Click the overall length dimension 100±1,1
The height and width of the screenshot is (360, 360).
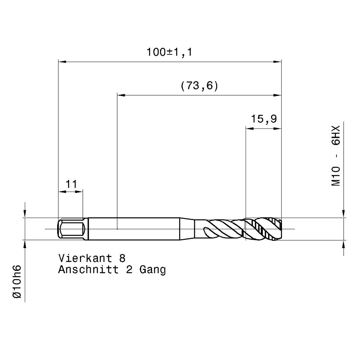pyautogui.click(x=169, y=52)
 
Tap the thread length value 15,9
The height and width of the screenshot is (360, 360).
pyautogui.click(x=264, y=119)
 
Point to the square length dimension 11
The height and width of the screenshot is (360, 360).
pyautogui.click(x=71, y=184)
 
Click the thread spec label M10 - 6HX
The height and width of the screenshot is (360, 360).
pyautogui.click(x=336, y=156)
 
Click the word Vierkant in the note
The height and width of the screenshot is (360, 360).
pyautogui.click(x=85, y=258)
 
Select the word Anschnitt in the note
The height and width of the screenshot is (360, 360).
pyautogui.click(x=88, y=270)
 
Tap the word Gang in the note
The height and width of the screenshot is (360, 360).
pyautogui.click(x=152, y=270)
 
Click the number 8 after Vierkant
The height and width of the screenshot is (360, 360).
pyautogui.click(x=122, y=258)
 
